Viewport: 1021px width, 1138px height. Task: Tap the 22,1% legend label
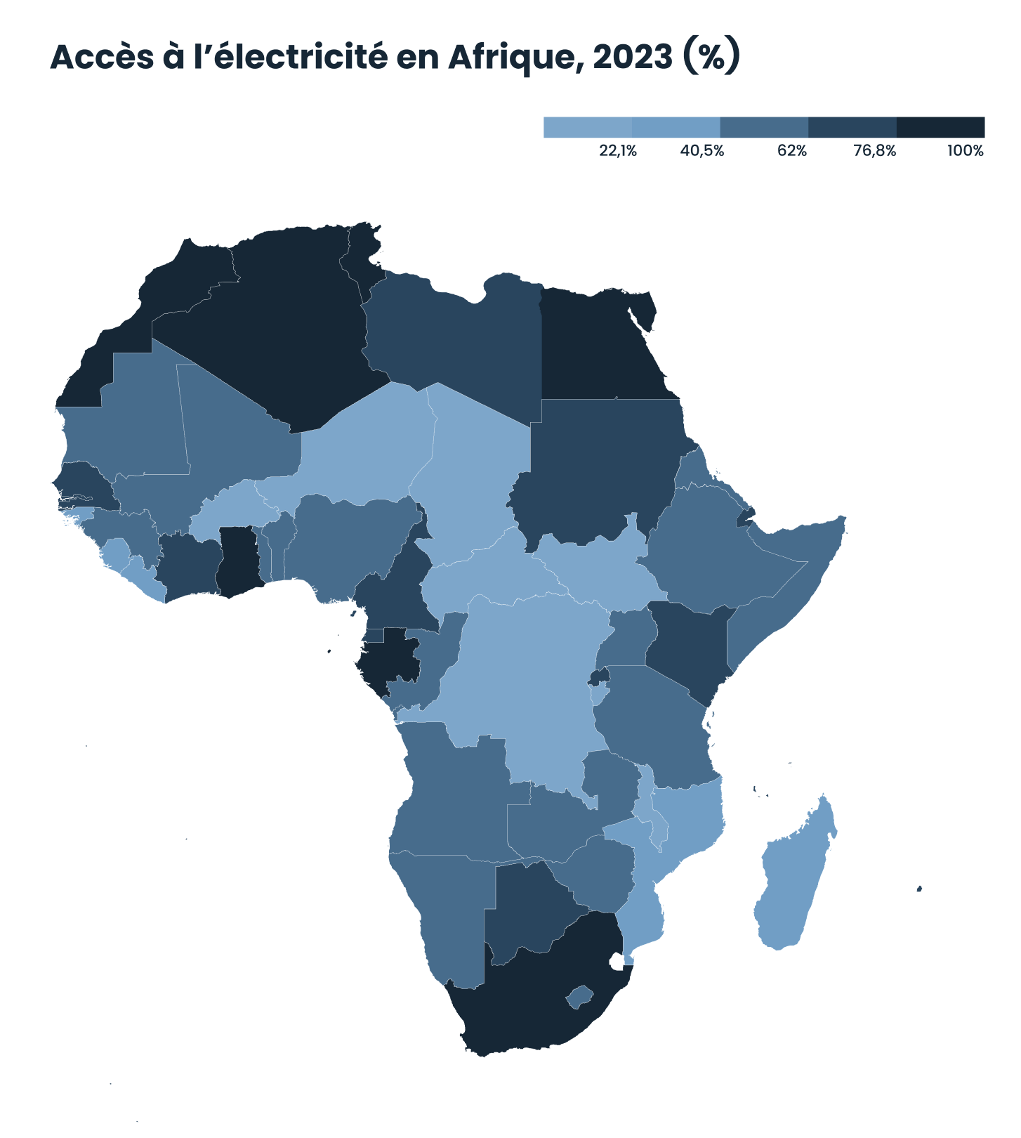pos(618,151)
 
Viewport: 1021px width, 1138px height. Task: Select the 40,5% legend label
pos(702,151)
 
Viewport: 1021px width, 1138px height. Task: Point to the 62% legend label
pos(792,151)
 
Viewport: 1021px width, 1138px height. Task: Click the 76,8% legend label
pos(875,151)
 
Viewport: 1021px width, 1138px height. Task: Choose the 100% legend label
pos(966,151)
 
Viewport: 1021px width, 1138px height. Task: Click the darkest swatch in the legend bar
pos(940,127)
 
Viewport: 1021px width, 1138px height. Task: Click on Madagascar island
pos(793,878)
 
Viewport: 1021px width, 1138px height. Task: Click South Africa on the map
pos(534,1005)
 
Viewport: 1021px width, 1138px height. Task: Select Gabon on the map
pos(390,657)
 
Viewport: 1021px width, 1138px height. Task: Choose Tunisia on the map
pos(362,260)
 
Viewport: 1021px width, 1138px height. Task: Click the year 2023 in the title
pos(632,58)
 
